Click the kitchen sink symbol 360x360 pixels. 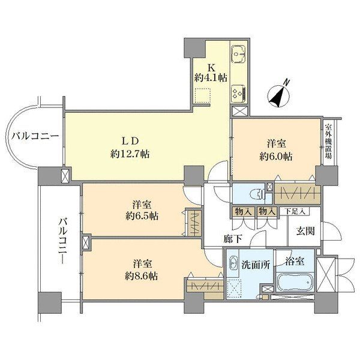238,54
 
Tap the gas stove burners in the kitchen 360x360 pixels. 238,94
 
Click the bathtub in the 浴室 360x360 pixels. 295,282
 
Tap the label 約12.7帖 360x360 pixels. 130,154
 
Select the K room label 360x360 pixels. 211,67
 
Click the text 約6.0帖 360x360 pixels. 276,157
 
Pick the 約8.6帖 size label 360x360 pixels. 142,276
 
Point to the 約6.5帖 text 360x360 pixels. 142,216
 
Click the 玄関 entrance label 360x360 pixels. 305,231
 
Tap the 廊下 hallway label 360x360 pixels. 233,239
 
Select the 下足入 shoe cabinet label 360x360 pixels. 295,211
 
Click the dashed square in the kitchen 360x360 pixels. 202,96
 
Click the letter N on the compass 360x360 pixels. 286,83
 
